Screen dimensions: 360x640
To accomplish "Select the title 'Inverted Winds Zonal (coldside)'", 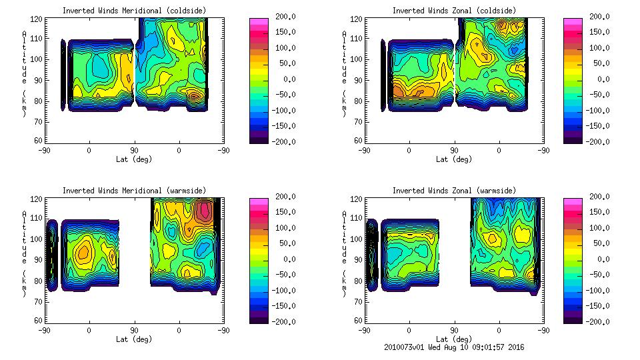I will click(x=453, y=11).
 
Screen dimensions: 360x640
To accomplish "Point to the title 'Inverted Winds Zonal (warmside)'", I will click(x=453, y=191).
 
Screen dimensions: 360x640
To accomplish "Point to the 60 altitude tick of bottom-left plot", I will click(x=39, y=321).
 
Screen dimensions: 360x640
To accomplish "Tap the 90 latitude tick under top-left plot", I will click(x=134, y=150).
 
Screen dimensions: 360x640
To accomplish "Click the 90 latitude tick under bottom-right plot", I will click(x=454, y=330).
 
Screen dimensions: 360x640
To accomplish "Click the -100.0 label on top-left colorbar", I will click(x=283, y=110).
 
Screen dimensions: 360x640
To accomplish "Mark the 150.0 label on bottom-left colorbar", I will click(x=284, y=212).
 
